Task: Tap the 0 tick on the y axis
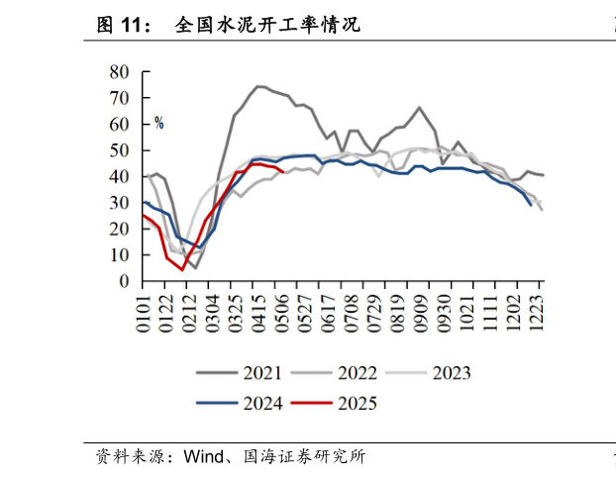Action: point(124,281)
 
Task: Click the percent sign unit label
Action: point(158,124)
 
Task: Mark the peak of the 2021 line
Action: point(258,86)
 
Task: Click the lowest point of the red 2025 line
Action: point(182,269)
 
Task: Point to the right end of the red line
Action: point(284,171)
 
